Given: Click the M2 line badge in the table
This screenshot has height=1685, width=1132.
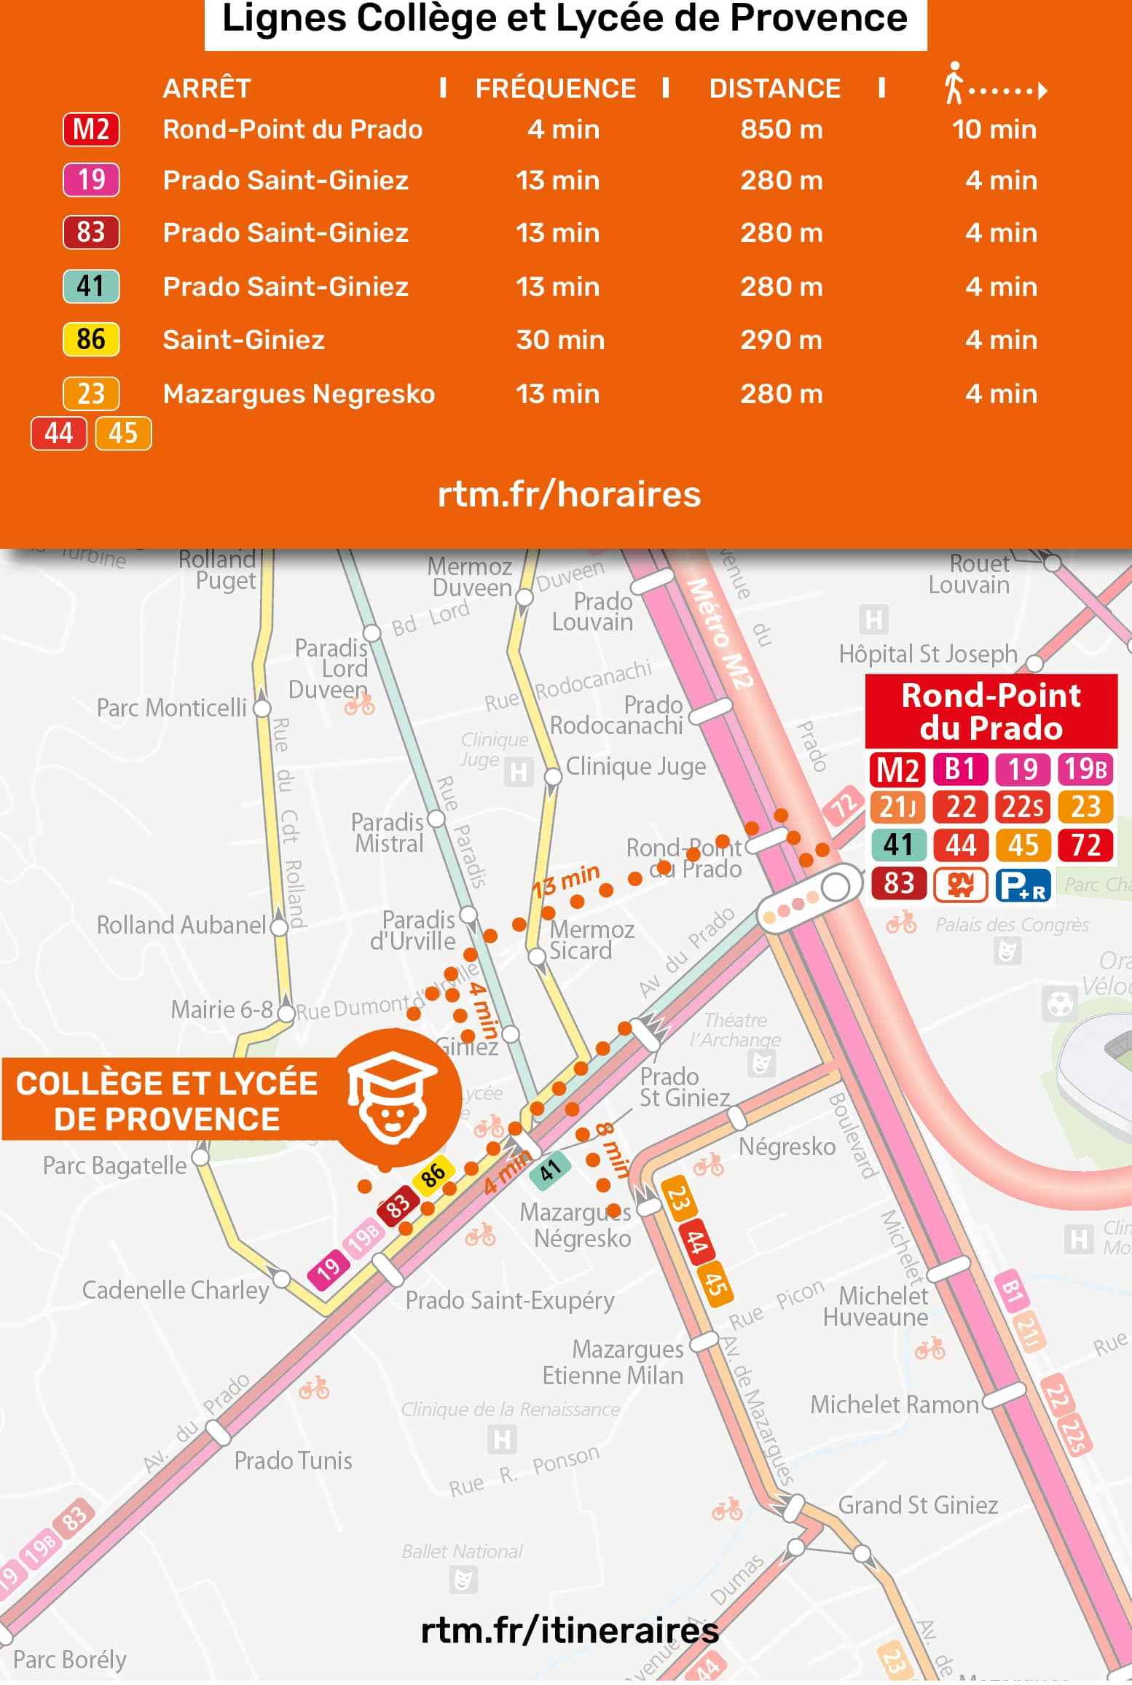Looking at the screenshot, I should point(91,130).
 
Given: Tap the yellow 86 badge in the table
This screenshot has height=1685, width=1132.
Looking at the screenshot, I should point(91,340).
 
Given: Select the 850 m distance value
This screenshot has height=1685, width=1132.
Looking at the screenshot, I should point(781,130).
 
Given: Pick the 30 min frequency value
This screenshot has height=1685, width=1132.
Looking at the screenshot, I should point(559,340).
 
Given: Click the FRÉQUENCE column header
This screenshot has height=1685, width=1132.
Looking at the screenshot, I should point(555,89).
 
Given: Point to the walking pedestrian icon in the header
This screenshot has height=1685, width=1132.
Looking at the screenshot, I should point(953,84).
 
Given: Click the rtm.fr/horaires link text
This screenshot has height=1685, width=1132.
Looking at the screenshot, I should point(569,495).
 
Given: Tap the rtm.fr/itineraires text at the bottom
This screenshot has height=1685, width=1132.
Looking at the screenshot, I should point(569,1630).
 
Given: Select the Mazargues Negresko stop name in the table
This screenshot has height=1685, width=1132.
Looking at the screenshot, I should point(299,394).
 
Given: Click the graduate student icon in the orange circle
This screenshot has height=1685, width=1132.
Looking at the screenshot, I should point(393,1098).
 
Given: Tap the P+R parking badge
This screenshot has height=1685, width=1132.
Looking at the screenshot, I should point(1023,885).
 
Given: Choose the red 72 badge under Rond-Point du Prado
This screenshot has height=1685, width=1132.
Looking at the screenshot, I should point(1085,845).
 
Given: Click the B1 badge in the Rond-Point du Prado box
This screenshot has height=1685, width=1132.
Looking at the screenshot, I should point(960,770).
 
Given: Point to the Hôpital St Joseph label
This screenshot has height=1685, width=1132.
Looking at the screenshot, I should point(927,654).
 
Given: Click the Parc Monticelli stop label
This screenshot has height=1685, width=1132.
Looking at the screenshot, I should point(172,708).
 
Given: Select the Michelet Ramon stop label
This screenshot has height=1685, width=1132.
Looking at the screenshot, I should point(894,1404).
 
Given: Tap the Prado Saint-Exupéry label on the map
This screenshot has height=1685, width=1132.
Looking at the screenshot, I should point(509,1300).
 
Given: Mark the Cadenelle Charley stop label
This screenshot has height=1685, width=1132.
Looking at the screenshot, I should point(176,1290).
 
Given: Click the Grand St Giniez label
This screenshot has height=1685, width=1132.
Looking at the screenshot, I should point(917,1505).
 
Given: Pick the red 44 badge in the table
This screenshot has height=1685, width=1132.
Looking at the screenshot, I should point(59,434).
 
